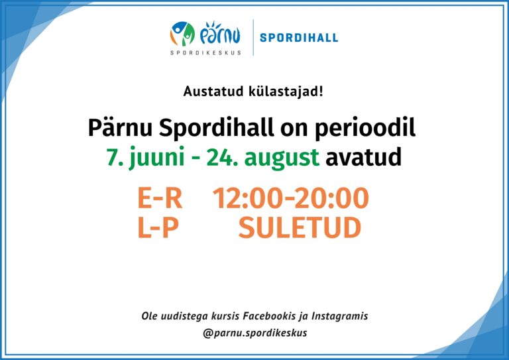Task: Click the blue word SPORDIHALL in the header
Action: (x=299, y=37)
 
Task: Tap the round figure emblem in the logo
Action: (x=182, y=34)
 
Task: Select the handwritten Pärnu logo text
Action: (x=220, y=33)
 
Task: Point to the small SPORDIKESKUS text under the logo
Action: (x=206, y=52)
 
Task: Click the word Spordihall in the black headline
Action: (x=216, y=127)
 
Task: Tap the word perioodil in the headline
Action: (x=365, y=127)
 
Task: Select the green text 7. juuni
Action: (x=146, y=157)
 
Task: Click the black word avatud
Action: (x=364, y=156)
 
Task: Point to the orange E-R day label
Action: (x=160, y=198)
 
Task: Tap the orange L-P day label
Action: (x=158, y=227)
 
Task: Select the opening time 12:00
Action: (x=246, y=198)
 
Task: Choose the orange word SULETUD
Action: (x=300, y=227)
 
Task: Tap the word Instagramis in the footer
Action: (x=340, y=316)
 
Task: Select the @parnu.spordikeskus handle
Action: (x=254, y=333)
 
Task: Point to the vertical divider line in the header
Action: (x=253, y=37)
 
